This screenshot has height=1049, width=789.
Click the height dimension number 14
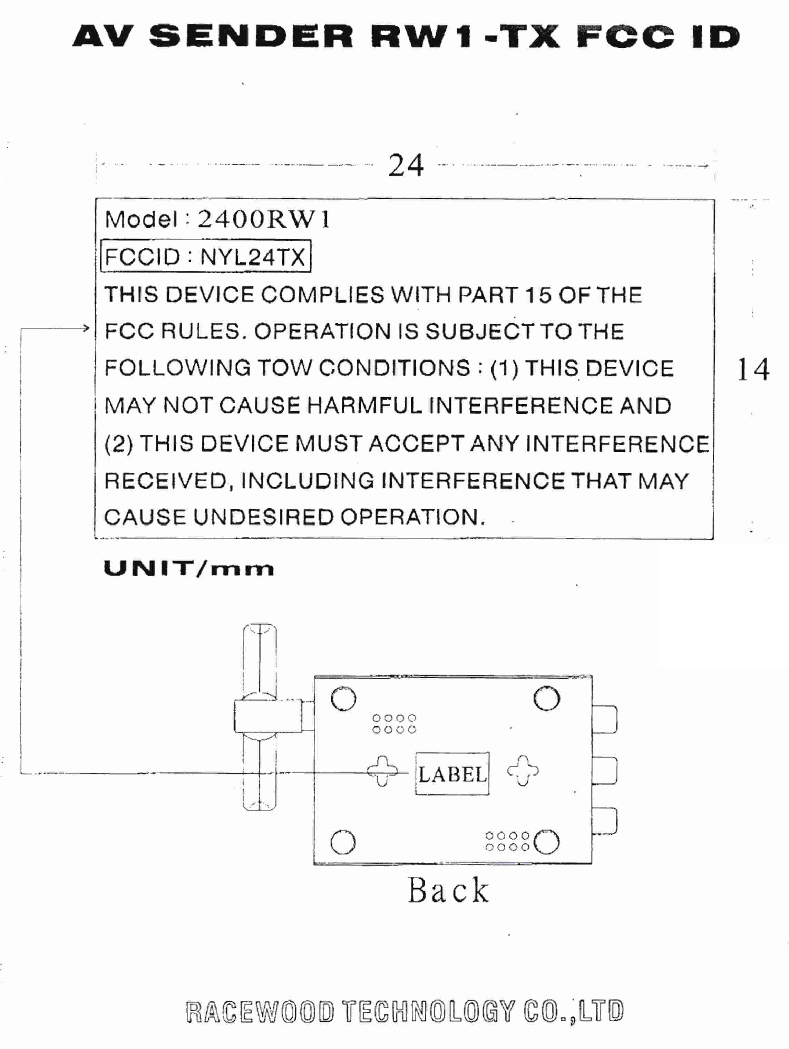(753, 369)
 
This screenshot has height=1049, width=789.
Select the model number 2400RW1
(264, 219)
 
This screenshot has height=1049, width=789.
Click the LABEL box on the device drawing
(452, 774)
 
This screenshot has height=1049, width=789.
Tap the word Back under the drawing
(448, 890)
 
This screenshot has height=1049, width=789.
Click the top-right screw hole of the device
(547, 699)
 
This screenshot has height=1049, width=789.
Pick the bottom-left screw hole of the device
(343, 842)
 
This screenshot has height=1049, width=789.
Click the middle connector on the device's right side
(605, 771)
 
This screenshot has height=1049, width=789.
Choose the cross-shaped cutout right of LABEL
(523, 771)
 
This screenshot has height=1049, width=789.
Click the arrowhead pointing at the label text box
(86, 328)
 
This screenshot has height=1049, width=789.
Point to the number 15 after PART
(538, 295)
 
